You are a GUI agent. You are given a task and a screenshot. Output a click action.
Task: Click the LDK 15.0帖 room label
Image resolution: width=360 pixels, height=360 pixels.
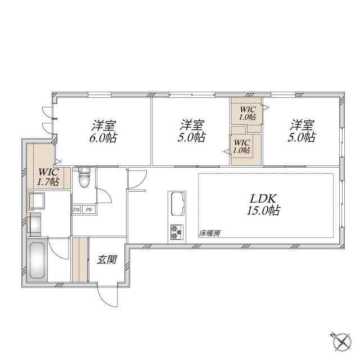pyautogui.click(x=263, y=205)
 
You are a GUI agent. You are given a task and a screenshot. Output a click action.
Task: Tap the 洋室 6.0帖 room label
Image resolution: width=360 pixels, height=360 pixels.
pyautogui.click(x=103, y=132)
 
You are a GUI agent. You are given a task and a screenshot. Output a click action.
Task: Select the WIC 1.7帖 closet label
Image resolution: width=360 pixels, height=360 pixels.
pyautogui.click(x=48, y=177)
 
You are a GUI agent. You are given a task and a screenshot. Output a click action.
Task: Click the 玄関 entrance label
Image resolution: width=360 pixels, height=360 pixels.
pyautogui.click(x=107, y=260)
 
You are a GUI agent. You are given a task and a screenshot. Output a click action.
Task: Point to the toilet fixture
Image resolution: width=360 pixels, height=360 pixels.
pyautogui.click(x=84, y=178)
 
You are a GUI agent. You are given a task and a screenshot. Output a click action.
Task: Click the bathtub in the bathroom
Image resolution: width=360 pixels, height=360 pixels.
pyautogui.click(x=37, y=260)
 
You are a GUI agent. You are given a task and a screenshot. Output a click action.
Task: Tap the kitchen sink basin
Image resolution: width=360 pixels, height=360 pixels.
pyautogui.click(x=178, y=204)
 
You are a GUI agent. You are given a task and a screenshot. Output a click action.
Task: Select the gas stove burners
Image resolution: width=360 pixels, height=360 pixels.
pyautogui.click(x=177, y=232)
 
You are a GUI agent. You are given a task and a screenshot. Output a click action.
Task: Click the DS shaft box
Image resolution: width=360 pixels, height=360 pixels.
pyautogui.click(x=76, y=210)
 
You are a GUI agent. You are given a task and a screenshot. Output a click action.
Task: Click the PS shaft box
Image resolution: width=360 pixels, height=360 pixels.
pyautogui.click(x=89, y=210)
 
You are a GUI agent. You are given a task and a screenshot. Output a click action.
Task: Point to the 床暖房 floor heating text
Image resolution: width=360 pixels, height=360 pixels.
pyautogui.click(x=210, y=233)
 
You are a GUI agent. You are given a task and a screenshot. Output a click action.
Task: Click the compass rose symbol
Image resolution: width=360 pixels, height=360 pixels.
pyautogui.click(x=343, y=341)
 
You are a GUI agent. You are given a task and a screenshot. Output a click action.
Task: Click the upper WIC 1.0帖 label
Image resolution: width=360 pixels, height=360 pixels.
pyautogui.click(x=247, y=113)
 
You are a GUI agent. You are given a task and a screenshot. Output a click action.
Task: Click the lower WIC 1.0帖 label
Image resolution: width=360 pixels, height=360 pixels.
pyautogui.click(x=241, y=146)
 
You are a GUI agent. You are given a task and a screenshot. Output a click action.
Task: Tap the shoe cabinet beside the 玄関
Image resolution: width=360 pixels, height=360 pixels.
pyautogui.click(x=80, y=260)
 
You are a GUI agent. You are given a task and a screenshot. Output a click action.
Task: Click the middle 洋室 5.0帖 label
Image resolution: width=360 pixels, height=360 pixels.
pyautogui.click(x=191, y=131)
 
